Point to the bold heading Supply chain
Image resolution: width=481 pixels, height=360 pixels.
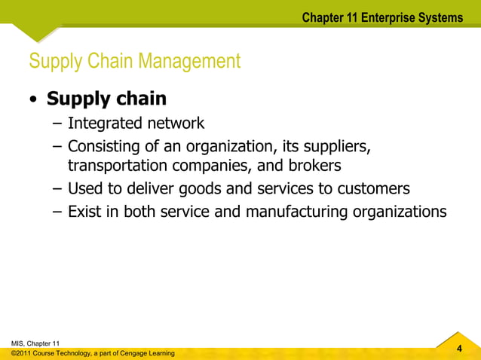[106, 99]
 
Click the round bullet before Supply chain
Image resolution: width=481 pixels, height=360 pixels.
[34, 100]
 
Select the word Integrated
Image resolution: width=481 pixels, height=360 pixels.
[103, 123]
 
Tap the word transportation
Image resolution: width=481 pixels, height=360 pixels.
[116, 166]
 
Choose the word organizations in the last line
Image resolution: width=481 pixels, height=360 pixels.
[398, 212]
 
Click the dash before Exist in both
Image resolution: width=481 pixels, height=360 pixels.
[57, 212]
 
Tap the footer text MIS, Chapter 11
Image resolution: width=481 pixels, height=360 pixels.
[31, 343]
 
